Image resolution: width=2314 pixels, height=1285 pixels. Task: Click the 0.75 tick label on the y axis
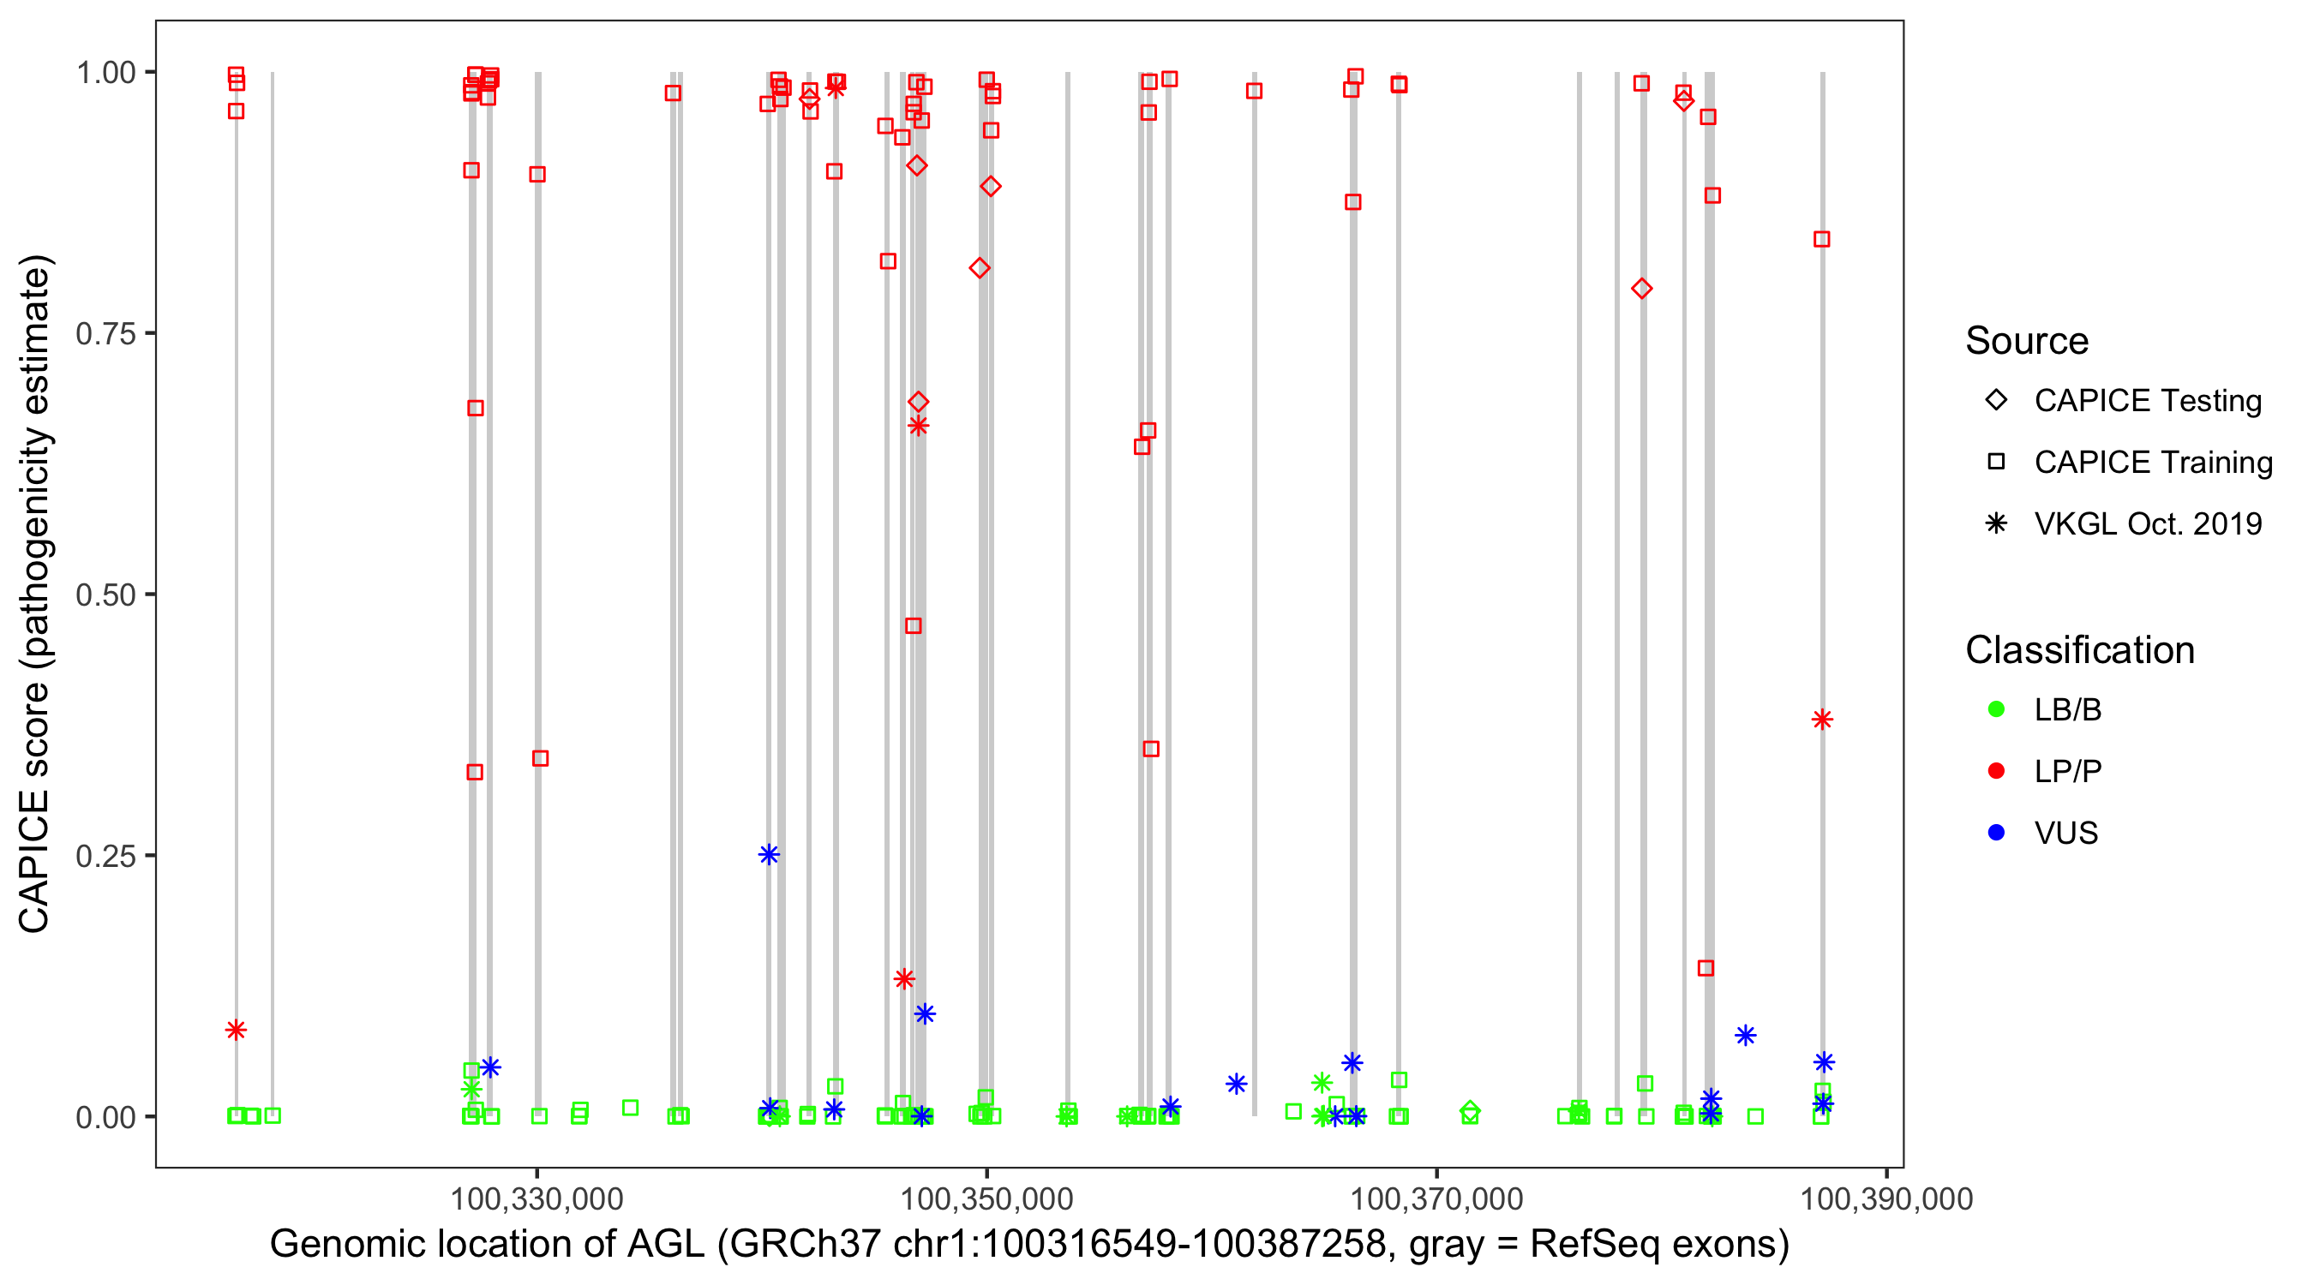point(105,333)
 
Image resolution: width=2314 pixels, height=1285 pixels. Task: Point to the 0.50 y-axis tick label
point(105,595)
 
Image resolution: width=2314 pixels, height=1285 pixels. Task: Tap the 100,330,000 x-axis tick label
point(537,1198)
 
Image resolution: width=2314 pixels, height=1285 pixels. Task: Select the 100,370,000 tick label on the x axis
point(1436,1198)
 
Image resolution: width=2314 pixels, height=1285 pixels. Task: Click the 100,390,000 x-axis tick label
point(1886,1198)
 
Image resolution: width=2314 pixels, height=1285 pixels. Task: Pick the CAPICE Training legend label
point(2153,463)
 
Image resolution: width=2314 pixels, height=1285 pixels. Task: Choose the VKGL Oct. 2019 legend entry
point(2148,524)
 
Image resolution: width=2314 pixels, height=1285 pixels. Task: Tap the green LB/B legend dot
point(1996,709)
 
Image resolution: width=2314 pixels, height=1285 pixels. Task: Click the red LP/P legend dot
point(1996,771)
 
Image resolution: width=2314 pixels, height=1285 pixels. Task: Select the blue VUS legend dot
point(1996,834)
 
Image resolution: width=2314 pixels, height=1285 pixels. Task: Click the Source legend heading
point(2027,341)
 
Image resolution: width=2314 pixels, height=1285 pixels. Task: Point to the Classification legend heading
point(2079,650)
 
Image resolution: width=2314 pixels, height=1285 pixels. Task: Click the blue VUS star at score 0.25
point(768,854)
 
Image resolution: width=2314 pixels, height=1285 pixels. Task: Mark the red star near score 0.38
point(1822,720)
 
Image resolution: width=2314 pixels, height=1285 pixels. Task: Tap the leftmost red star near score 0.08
point(236,1030)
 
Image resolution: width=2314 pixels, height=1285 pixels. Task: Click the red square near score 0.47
point(913,626)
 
